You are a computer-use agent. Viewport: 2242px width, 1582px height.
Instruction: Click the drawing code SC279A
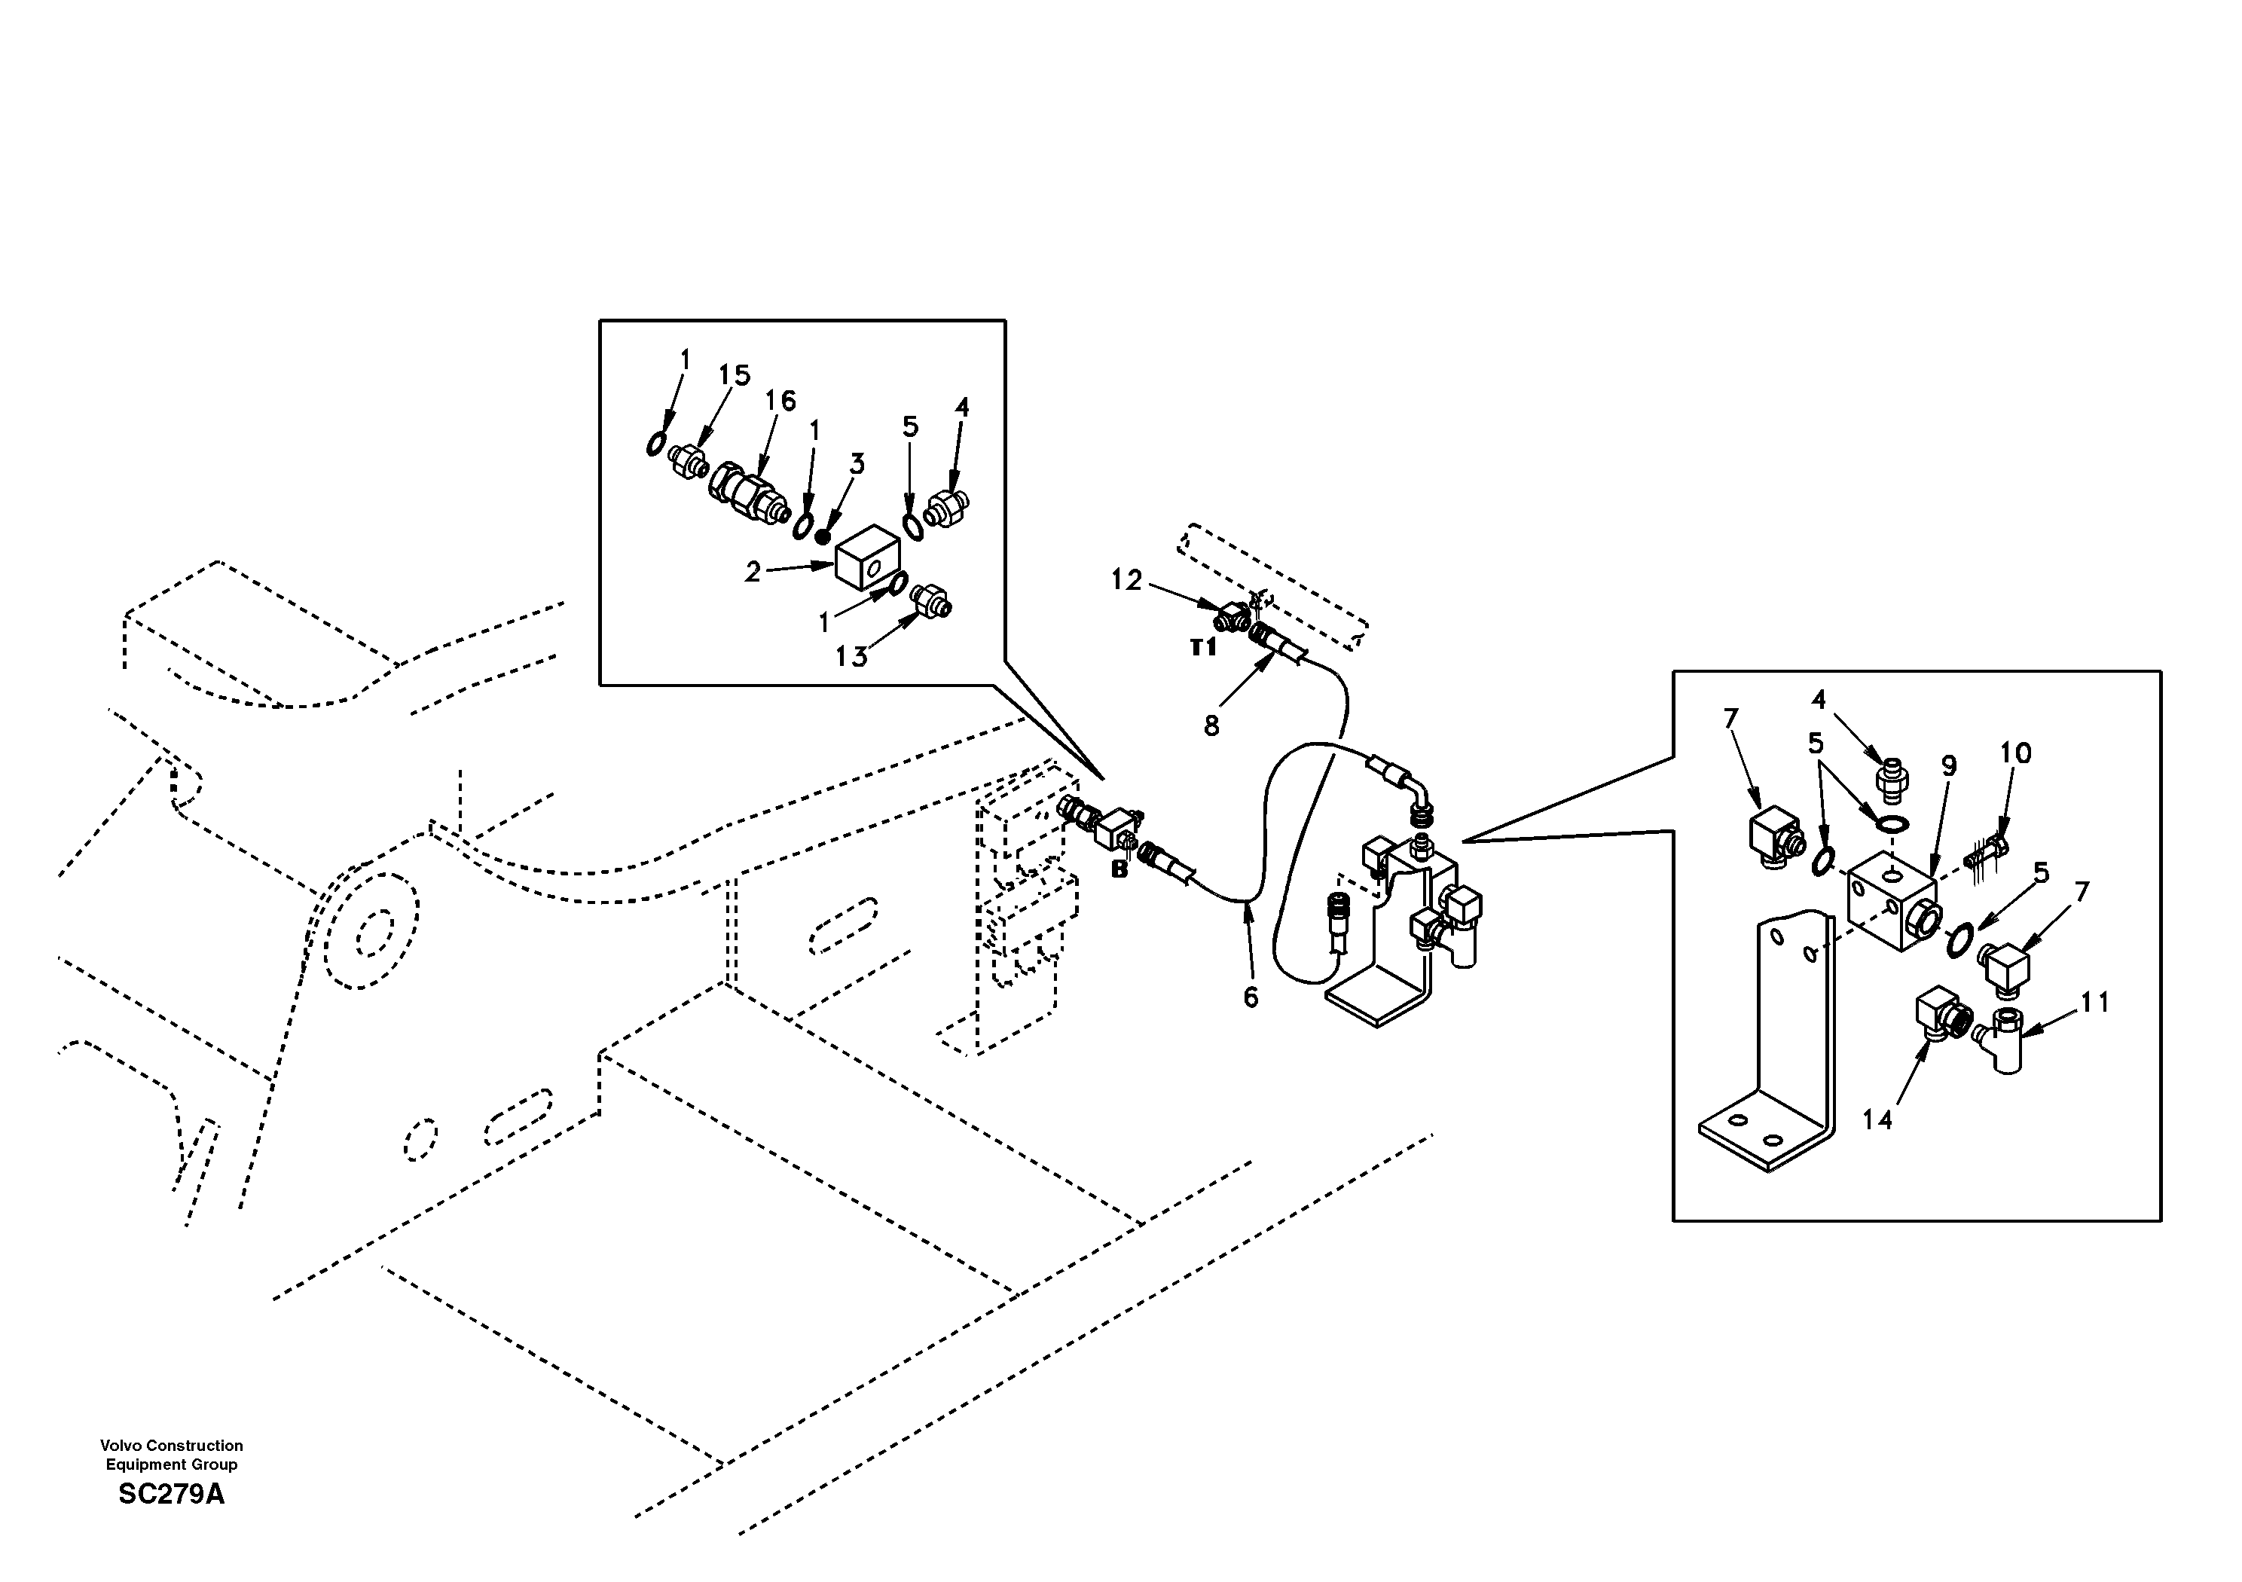(172, 1495)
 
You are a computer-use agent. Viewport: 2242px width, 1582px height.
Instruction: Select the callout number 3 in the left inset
(857, 464)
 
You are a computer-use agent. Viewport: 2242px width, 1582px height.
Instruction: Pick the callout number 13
(851, 657)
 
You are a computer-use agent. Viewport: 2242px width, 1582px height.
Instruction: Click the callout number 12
(1126, 580)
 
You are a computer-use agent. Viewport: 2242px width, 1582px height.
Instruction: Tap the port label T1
(1203, 647)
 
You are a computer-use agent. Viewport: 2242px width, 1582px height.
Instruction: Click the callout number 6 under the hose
(1250, 997)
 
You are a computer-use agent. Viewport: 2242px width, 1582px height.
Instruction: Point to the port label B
(1119, 869)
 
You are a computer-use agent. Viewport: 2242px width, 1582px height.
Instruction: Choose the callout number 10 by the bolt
(2014, 753)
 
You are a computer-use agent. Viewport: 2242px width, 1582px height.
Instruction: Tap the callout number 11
(2094, 1002)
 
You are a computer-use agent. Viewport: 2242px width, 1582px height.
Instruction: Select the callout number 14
(1877, 1119)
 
